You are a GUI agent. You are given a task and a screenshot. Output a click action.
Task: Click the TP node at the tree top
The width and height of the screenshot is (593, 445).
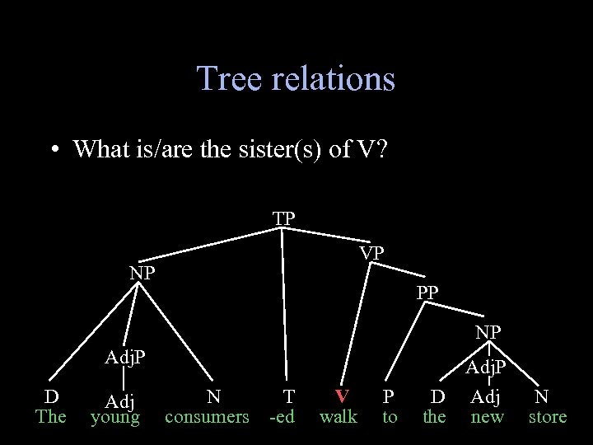click(x=284, y=218)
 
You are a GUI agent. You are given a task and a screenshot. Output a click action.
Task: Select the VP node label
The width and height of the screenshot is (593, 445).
click(x=371, y=253)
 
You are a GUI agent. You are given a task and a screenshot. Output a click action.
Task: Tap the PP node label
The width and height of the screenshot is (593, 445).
click(x=427, y=292)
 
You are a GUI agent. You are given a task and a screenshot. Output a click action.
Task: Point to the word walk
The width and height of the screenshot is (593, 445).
click(x=339, y=416)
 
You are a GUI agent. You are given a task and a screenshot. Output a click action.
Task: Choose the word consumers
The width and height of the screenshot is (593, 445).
click(x=207, y=416)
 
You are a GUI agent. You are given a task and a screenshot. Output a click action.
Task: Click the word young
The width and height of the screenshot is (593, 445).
click(x=115, y=418)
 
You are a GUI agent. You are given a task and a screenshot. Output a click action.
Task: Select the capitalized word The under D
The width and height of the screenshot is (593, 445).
click(x=50, y=416)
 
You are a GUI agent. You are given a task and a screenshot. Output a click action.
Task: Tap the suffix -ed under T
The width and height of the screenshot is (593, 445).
click(x=282, y=416)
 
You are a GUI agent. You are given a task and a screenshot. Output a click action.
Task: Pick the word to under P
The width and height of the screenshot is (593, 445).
click(x=390, y=416)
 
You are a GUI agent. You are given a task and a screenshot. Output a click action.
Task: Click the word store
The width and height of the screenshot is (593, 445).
click(x=548, y=416)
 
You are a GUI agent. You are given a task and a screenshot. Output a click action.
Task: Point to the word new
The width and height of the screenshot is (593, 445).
click(x=487, y=416)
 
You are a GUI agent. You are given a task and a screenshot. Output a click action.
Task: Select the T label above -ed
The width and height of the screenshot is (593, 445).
click(x=287, y=396)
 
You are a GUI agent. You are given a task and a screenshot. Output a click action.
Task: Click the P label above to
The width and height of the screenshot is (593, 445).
click(x=389, y=396)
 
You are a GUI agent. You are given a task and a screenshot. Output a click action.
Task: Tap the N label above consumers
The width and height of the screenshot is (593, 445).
click(x=213, y=396)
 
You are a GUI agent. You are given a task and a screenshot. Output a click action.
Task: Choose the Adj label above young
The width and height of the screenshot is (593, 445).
click(x=120, y=401)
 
